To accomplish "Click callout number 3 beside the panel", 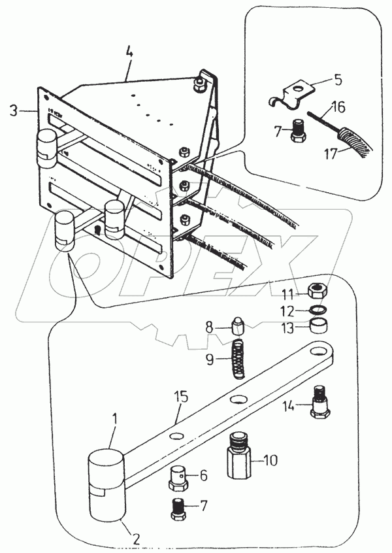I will coord(14,110).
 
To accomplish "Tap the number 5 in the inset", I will coord(337,81).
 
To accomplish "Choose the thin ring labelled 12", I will coord(318,311).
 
